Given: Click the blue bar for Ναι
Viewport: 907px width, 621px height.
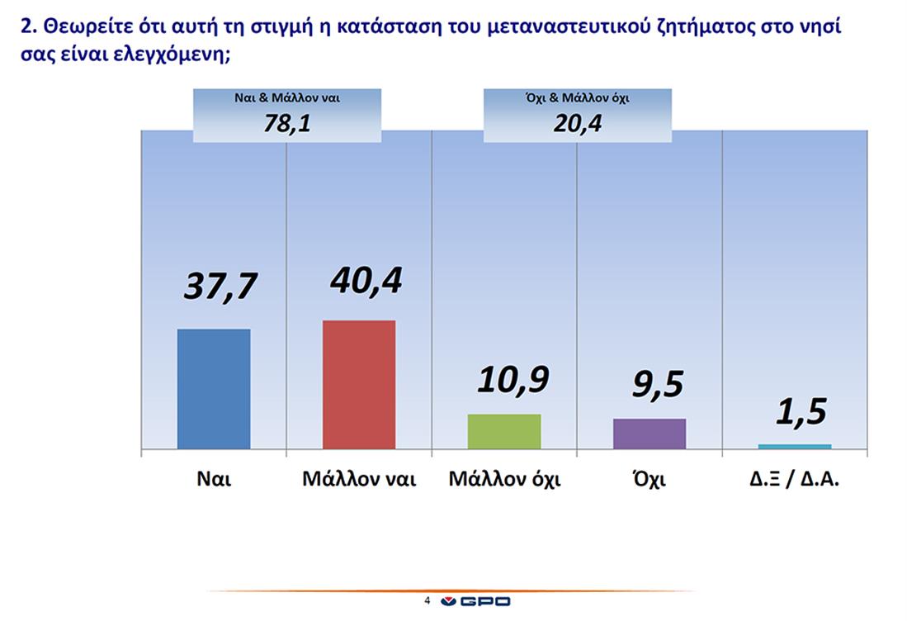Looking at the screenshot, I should (214, 389).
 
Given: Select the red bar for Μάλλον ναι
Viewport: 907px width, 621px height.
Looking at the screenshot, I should (359, 385).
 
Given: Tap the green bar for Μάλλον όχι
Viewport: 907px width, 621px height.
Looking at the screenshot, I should (504, 431).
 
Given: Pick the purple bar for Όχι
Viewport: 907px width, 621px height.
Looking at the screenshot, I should (650, 434).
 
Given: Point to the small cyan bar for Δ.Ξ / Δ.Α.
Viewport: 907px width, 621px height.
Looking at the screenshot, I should (795, 447).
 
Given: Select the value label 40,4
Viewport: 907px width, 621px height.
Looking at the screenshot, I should (366, 280).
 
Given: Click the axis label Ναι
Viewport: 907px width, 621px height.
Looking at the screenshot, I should (214, 480).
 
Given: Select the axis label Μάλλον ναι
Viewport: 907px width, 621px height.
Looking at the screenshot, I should (359, 480).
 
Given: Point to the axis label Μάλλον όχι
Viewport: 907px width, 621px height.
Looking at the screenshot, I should (504, 480).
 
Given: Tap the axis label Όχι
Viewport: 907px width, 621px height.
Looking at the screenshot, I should (650, 480).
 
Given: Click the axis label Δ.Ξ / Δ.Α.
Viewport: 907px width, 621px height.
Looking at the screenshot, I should (795, 480).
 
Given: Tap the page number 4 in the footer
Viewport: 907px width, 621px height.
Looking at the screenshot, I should (427, 601).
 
